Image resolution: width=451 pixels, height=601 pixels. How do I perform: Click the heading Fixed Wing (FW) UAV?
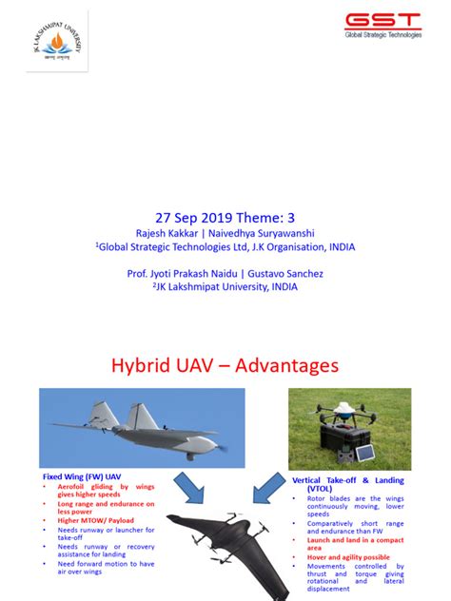tap(81, 475)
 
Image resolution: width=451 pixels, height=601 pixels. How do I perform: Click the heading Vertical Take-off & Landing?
tap(348, 481)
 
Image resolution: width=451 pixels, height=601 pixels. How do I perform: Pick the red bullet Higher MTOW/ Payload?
tap(94, 520)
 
